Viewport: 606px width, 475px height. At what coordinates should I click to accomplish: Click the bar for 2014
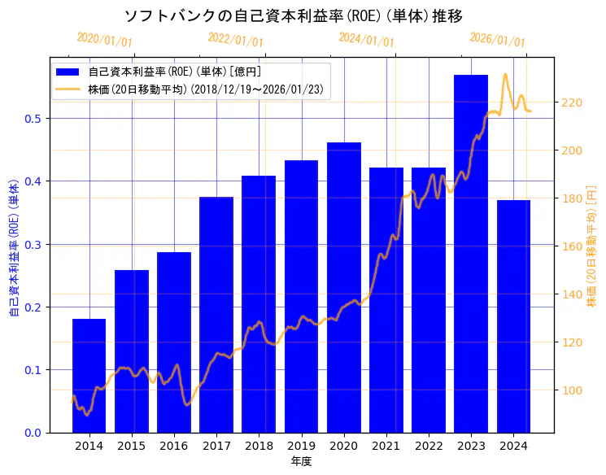tap(89, 376)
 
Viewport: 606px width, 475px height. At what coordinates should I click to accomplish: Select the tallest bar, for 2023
tap(471, 254)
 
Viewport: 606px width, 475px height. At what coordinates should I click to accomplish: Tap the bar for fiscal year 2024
tap(513, 316)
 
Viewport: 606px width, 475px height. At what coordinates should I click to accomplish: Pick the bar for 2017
tap(216, 315)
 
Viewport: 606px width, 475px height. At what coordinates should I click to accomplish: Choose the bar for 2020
tap(344, 287)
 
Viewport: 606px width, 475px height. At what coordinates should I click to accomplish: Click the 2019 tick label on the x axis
tap(301, 446)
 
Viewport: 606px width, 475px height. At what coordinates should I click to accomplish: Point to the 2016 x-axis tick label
tap(174, 446)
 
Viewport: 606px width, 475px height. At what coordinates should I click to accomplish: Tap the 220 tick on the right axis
tap(572, 102)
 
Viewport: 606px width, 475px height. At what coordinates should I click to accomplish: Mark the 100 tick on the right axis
tap(572, 390)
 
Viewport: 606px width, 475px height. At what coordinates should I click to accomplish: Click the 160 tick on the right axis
tap(572, 246)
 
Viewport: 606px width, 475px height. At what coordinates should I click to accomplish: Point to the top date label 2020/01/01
tap(104, 40)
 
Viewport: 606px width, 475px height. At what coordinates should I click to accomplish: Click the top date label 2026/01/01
tap(497, 40)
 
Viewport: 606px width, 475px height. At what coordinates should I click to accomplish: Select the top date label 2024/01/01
tap(366, 40)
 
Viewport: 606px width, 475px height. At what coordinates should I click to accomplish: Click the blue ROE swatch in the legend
tap(68, 72)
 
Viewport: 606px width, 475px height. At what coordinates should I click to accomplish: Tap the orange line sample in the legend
tap(68, 89)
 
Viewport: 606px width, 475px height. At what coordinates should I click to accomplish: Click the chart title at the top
tap(294, 15)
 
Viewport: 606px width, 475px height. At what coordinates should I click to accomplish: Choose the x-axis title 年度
tap(301, 461)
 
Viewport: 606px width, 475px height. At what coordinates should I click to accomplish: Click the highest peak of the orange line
tap(505, 74)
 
